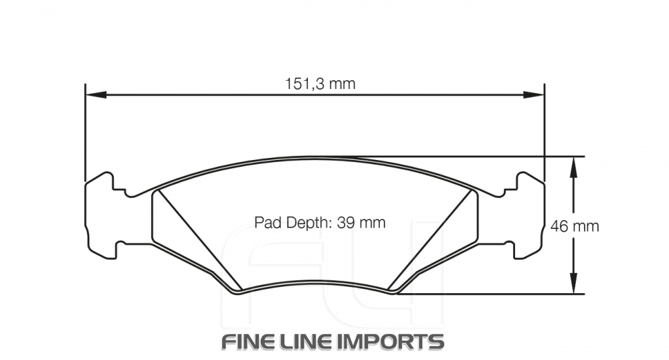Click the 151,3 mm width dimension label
click(x=320, y=84)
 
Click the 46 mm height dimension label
click(x=574, y=226)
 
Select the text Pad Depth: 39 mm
click(x=320, y=223)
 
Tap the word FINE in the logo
click(x=250, y=341)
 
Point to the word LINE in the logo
click(x=312, y=341)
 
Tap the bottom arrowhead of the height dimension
click(x=573, y=285)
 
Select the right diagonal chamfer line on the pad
click(x=434, y=241)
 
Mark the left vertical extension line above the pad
click(x=85, y=134)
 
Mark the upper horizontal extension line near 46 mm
click(x=468, y=157)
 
